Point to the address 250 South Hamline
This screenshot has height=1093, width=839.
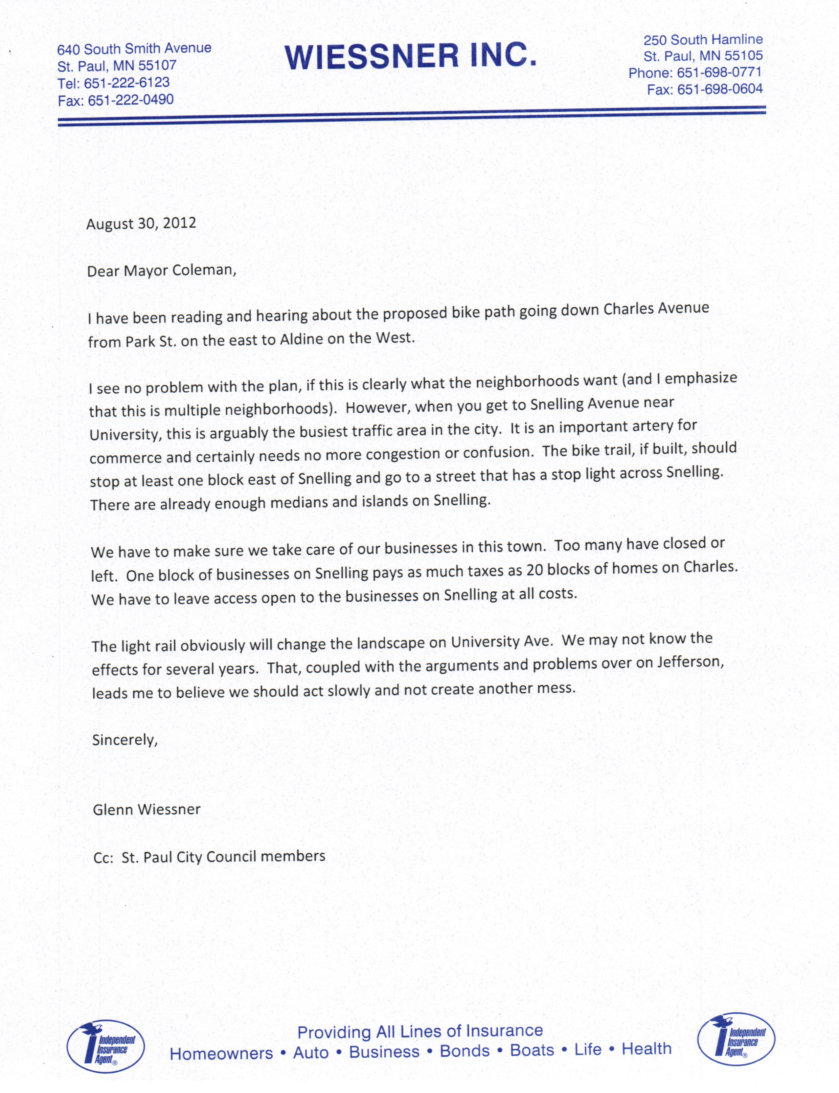[x=703, y=40]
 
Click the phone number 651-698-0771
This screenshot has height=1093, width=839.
[x=719, y=72]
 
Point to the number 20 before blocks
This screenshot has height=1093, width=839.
[x=535, y=570]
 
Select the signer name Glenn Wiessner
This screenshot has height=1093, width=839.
[x=146, y=809]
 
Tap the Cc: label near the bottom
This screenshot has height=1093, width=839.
[x=104, y=858]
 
